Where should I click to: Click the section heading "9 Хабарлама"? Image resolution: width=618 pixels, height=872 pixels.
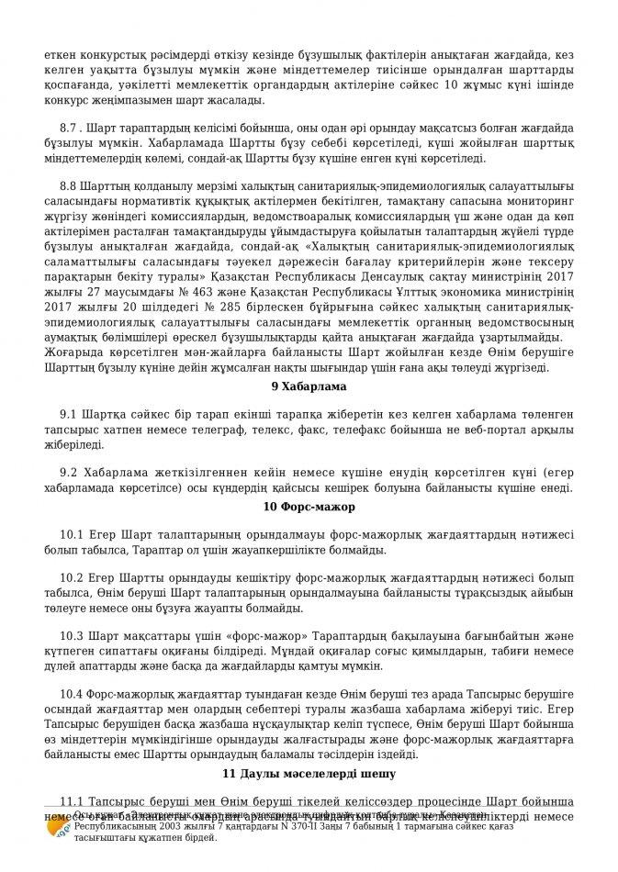[309, 386]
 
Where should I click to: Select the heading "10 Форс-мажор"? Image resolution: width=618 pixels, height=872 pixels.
[309, 507]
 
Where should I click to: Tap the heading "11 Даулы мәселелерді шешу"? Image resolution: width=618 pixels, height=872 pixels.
[309, 775]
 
